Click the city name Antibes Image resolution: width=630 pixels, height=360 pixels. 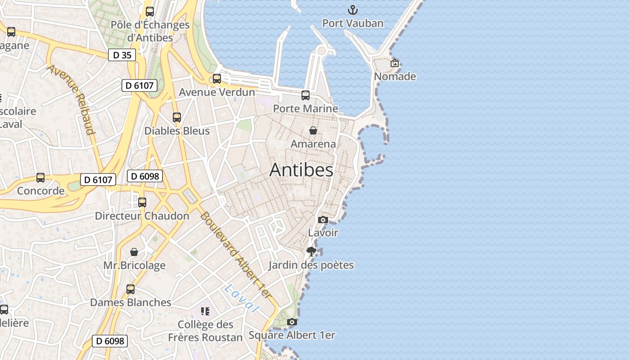point(301,170)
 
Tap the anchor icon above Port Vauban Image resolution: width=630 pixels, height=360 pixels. point(353,10)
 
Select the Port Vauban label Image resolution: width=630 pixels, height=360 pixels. point(353,23)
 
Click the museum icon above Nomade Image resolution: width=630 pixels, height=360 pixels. point(395,63)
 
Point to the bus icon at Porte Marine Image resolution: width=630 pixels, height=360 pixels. point(306,95)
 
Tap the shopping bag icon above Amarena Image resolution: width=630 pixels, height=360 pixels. point(313,130)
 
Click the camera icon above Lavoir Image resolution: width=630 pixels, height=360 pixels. point(323,220)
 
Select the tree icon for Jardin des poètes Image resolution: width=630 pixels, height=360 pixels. point(311,252)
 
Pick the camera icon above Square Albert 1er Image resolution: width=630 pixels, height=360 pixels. point(292,322)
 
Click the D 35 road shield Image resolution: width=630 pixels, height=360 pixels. point(121,55)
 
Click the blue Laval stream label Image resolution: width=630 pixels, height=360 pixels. point(242,298)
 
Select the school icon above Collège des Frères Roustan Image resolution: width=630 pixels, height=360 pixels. point(205,311)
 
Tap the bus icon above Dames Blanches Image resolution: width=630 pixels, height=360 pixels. point(130,289)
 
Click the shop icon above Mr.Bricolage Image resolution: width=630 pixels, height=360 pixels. point(134,252)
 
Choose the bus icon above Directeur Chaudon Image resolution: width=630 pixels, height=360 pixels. point(142,202)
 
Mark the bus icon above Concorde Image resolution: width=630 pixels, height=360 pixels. point(40,178)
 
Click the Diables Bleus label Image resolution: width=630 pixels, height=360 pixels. point(177,131)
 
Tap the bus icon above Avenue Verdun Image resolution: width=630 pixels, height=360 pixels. point(217,79)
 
